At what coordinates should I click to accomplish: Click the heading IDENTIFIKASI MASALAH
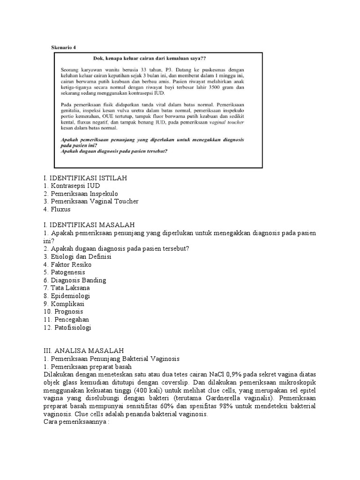[89, 225]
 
